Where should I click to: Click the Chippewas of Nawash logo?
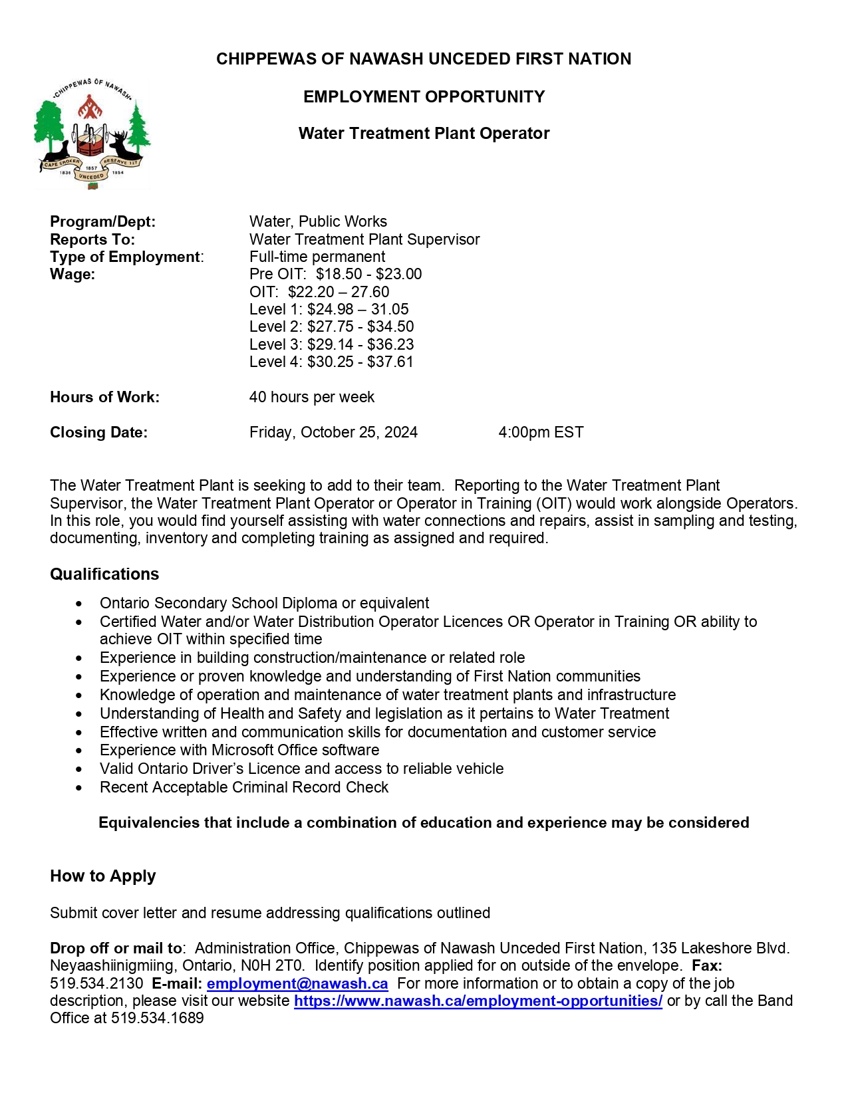[x=92, y=133]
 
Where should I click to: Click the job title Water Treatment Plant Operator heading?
[x=424, y=134]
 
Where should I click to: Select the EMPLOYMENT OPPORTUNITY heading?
[x=424, y=97]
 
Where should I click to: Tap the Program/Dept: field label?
[x=102, y=222]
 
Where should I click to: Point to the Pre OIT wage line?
[x=335, y=275]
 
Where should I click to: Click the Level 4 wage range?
[x=331, y=362]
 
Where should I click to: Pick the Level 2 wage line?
[x=331, y=327]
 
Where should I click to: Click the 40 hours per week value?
[x=311, y=398]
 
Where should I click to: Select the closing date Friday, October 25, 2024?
[x=333, y=433]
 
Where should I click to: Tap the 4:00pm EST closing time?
[x=541, y=433]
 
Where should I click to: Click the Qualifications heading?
[x=104, y=574]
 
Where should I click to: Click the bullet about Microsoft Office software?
[x=239, y=751]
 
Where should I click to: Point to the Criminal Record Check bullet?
[x=244, y=788]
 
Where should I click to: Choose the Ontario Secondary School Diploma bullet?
[x=264, y=604]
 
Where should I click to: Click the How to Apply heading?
[x=102, y=876]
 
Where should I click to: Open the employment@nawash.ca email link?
[x=297, y=984]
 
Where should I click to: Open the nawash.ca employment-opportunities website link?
[x=478, y=1001]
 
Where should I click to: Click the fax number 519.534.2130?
[x=96, y=984]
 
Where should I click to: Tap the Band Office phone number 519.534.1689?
[x=157, y=1019]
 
